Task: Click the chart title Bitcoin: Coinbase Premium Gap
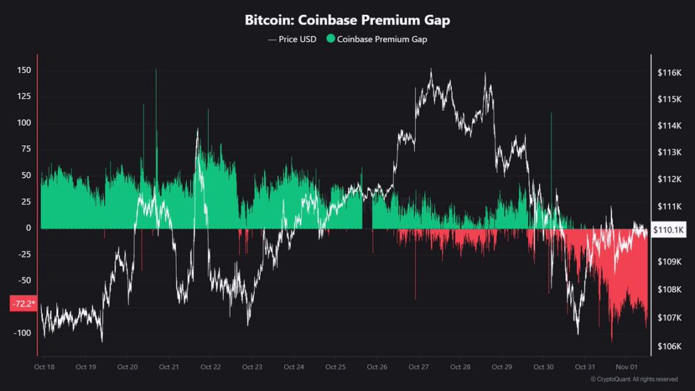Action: (347, 20)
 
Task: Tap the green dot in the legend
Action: (331, 39)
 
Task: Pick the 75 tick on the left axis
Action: (25, 149)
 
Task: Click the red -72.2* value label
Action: (23, 304)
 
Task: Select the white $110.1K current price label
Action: (668, 230)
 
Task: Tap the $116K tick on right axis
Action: (670, 73)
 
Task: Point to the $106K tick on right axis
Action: (670, 346)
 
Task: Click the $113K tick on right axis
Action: (670, 152)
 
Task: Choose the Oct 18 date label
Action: (44, 367)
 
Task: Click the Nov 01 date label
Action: (627, 367)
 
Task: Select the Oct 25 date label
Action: (335, 367)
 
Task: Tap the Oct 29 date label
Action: (501, 367)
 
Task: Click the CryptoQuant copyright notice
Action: (634, 379)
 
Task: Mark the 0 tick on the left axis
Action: (28, 228)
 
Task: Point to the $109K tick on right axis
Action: (670, 262)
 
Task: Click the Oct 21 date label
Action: (169, 367)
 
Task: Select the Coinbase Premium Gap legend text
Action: (382, 39)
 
